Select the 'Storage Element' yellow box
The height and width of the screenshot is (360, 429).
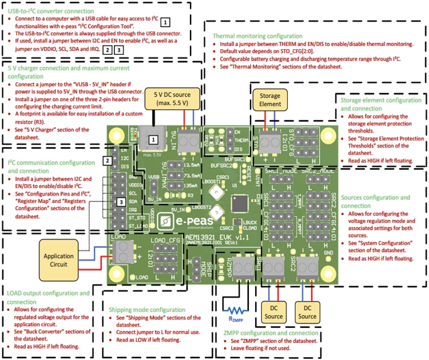pos(266,100)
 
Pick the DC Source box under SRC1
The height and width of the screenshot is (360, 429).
pos(272,312)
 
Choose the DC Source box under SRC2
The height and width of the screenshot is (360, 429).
pos(307,312)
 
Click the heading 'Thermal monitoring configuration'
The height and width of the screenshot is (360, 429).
pos(257,36)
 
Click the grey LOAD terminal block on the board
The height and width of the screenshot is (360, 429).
pos(122,249)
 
